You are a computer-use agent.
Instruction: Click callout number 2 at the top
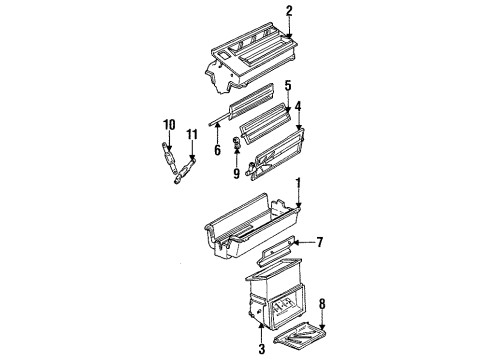point(289,12)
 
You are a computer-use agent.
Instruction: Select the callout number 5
point(287,85)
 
